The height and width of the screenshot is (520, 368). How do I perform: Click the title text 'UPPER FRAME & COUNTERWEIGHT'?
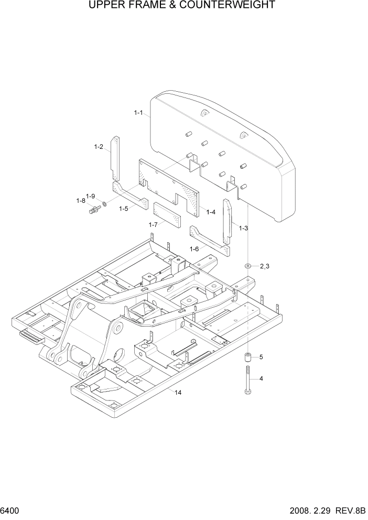pos(182,6)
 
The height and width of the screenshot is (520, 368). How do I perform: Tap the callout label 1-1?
pos(138,113)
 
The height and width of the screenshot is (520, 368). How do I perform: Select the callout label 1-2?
pos(98,147)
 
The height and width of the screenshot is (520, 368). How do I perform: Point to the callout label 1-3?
pos(243,228)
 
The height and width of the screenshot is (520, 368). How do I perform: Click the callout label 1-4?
pos(211,212)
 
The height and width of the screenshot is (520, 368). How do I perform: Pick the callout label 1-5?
pos(123,209)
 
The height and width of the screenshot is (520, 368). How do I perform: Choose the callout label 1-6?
pos(194,248)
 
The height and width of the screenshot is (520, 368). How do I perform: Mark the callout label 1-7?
pos(153,224)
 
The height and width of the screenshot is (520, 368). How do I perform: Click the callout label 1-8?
pos(80,201)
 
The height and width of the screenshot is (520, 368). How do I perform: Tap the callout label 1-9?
pos(90,196)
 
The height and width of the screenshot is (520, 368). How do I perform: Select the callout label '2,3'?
pos(264,266)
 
